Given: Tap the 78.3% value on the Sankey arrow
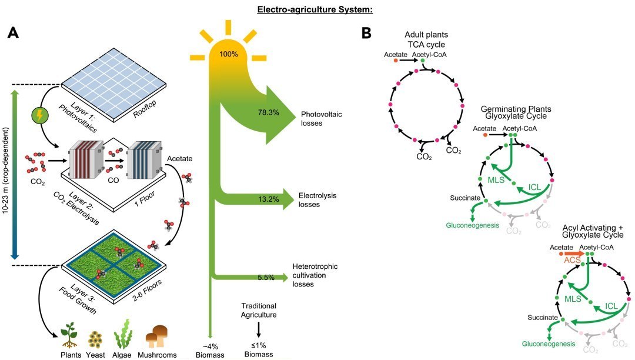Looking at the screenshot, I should click(x=268, y=112).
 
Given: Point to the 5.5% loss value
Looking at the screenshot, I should click(x=266, y=277).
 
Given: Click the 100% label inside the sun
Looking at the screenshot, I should click(x=228, y=54).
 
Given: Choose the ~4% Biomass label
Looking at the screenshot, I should click(x=210, y=350).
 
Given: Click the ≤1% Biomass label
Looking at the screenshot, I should click(x=258, y=350).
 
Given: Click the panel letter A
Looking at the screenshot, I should click(x=16, y=33).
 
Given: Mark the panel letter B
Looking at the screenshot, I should click(x=366, y=33).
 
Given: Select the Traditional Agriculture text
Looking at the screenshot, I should click(x=259, y=311).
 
